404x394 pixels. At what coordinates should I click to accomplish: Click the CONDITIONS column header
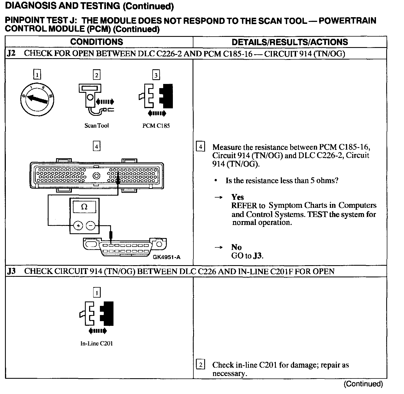97,42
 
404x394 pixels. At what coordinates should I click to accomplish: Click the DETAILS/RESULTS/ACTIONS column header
290,42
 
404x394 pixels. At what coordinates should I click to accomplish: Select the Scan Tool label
97,126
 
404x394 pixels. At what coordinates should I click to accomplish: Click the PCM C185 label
156,126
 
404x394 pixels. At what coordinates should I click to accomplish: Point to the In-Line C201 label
97,344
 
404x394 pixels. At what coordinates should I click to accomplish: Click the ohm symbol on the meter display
84,207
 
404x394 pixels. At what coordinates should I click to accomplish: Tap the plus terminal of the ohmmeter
78,226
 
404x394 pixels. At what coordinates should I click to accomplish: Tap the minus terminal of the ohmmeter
90,226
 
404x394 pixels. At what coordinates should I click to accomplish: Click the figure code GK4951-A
166,257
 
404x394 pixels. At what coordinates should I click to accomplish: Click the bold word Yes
238,197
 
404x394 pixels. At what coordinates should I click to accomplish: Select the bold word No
236,247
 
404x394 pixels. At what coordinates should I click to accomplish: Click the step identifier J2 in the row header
11,53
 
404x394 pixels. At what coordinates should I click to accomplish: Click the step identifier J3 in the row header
11,271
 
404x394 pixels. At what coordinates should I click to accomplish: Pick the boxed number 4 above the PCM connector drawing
97,146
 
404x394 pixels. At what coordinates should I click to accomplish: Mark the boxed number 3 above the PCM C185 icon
156,75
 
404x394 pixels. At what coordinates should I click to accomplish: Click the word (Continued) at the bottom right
363,384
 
